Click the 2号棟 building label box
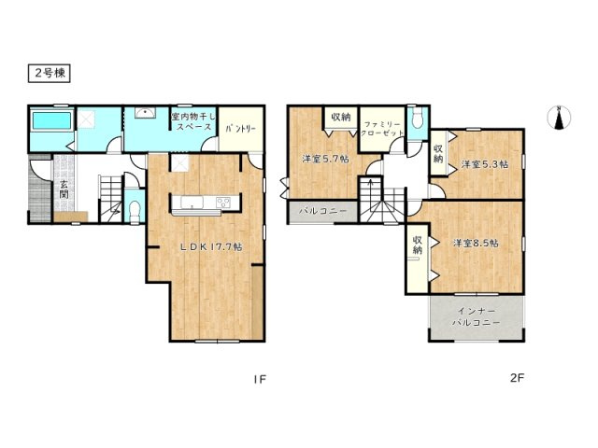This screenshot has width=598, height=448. (50, 74)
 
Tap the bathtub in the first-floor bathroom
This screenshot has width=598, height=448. (52, 120)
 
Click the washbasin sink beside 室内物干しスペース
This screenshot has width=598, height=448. (146, 113)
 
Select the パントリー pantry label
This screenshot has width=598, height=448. (241, 129)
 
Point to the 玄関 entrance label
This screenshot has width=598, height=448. (64, 189)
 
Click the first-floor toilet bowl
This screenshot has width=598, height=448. (135, 209)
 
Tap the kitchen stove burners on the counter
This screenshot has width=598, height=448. (222, 202)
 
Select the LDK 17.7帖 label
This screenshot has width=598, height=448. (211, 246)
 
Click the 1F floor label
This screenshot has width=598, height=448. (260, 379)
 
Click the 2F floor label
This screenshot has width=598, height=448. (518, 377)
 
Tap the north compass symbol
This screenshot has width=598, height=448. (559, 118)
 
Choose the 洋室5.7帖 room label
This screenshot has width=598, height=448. (326, 160)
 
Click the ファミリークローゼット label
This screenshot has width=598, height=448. (382, 129)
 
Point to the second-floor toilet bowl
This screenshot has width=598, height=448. (418, 119)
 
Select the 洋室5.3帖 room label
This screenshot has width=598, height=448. (485, 164)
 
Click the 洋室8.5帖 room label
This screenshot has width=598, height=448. (476, 243)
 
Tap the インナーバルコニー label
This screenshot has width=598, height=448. (476, 317)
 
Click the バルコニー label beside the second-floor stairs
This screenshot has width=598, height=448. (322, 211)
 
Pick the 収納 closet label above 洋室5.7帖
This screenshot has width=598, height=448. (340, 117)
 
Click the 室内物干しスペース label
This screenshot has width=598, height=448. (193, 121)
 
